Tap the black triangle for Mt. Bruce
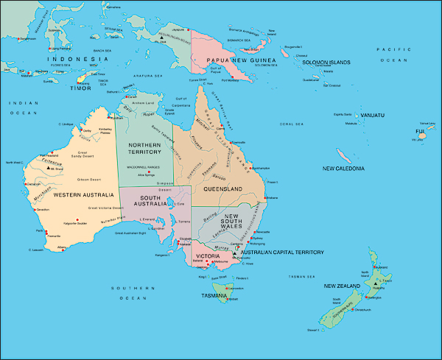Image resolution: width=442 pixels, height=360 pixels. click(x=49, y=168)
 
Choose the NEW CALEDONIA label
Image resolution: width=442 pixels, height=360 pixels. click(x=343, y=169)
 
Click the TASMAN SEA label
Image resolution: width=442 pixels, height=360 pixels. click(x=301, y=277)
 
